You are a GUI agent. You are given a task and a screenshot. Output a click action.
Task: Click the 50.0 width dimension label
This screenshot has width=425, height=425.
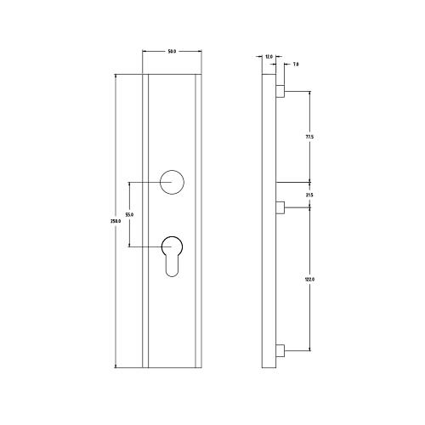pos(172,53)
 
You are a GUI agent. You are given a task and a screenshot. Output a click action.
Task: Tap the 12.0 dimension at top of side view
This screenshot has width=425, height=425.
pos(269,57)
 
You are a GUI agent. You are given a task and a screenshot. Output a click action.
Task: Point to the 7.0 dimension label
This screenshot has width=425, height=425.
pos(295,65)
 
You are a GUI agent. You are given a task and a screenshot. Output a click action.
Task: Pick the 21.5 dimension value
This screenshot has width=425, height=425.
pos(309,195)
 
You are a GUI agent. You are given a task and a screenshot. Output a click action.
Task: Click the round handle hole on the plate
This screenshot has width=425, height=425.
pos(173,182)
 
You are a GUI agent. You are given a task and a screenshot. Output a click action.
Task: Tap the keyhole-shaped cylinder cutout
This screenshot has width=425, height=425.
pos(173,255)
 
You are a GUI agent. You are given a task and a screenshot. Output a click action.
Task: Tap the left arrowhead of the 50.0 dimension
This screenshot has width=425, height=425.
pos(144,53)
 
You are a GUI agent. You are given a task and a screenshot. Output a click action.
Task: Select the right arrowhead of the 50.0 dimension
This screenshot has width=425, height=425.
pos(201,53)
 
